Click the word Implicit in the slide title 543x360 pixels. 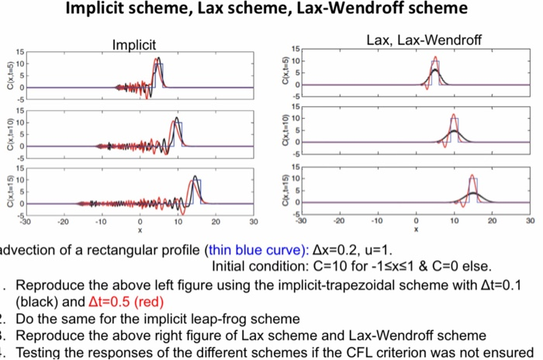109,10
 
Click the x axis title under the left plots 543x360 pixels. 140,230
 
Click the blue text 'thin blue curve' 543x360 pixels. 257,251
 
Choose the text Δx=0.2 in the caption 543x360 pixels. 340,251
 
